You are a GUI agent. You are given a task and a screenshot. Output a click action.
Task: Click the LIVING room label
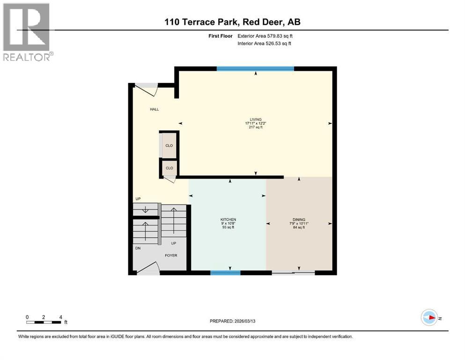(x=256, y=120)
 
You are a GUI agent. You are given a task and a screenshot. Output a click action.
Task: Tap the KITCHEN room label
(x=228, y=220)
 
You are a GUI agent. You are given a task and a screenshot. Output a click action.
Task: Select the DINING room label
(x=299, y=220)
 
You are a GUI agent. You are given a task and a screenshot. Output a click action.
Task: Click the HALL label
(x=154, y=109)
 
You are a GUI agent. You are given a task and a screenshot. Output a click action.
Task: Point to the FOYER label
(x=170, y=256)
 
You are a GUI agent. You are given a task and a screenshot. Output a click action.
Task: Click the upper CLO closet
(x=169, y=145)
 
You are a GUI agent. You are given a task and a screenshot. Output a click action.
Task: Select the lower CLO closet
(x=169, y=168)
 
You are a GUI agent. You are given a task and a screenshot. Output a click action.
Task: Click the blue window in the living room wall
(x=255, y=68)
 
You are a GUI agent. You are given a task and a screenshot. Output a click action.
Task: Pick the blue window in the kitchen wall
(x=226, y=272)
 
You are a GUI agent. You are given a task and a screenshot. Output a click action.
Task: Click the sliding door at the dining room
(x=294, y=272)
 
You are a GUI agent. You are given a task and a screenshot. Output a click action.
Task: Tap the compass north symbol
(x=429, y=318)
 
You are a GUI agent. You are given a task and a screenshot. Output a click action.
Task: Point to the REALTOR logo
(x=27, y=32)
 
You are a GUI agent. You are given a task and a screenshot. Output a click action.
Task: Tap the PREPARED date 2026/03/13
(x=233, y=321)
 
